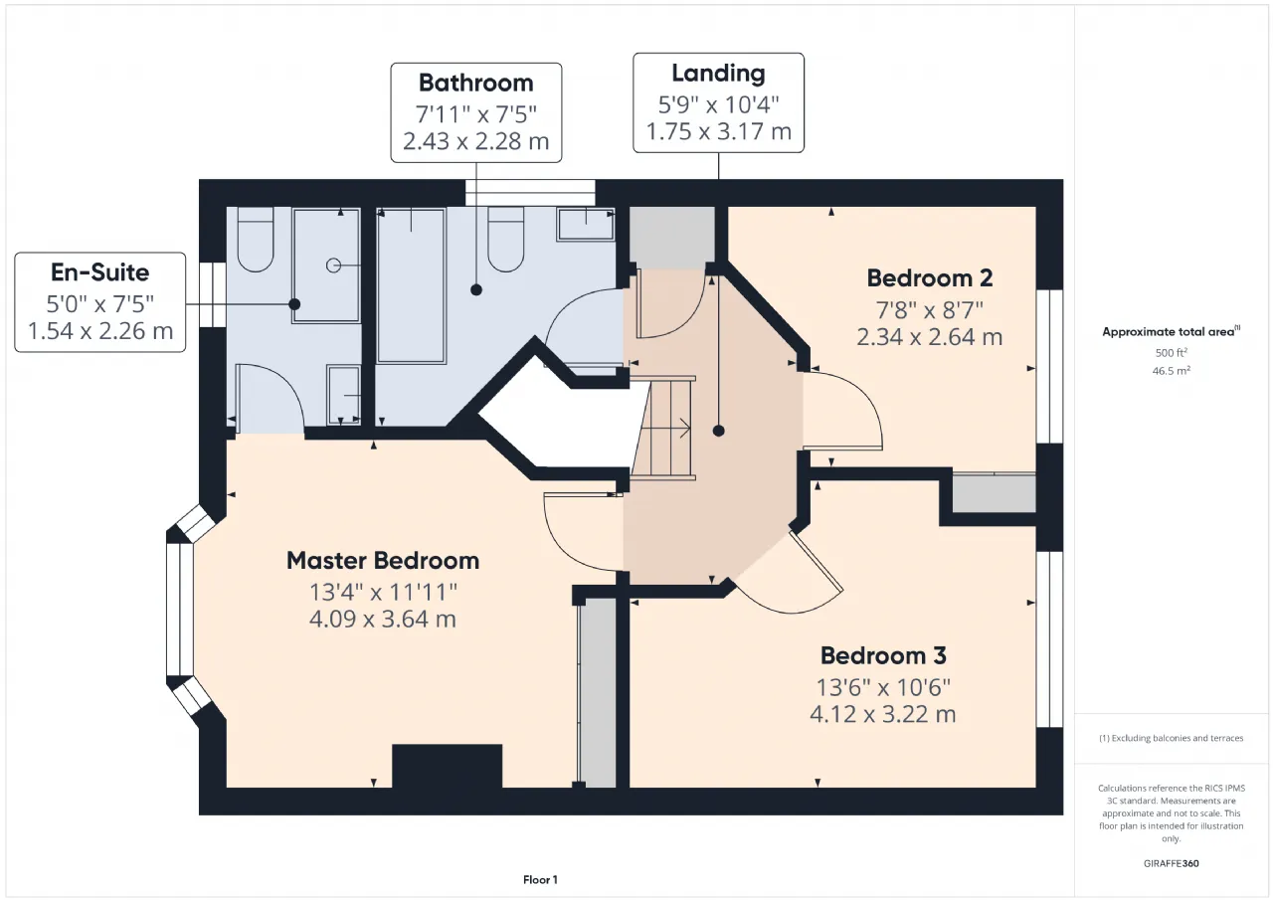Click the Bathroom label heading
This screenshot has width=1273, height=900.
click(475, 83)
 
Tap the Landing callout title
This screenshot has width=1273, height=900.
click(718, 74)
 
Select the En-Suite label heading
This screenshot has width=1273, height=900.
click(100, 272)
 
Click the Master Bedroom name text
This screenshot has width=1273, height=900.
click(383, 561)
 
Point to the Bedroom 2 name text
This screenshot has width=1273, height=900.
click(929, 278)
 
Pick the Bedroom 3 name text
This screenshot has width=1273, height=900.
click(883, 655)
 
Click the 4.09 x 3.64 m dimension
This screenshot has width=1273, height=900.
click(383, 619)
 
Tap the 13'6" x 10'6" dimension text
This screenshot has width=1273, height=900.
click(883, 687)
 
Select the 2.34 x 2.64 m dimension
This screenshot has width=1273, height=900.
click(929, 337)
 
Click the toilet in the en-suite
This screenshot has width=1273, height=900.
click(256, 240)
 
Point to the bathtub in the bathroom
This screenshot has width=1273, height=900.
click(411, 285)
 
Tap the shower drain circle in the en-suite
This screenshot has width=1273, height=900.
click(333, 266)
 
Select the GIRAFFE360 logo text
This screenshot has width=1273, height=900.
click(1171, 863)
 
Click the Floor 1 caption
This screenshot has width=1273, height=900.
click(540, 879)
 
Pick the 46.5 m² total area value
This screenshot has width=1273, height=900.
click(1171, 371)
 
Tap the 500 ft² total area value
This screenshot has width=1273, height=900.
click(1171, 352)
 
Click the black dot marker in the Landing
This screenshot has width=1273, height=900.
click(718, 431)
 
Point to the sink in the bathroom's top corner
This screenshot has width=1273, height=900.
click(586, 224)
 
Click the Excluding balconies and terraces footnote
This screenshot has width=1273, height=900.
click(1171, 738)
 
